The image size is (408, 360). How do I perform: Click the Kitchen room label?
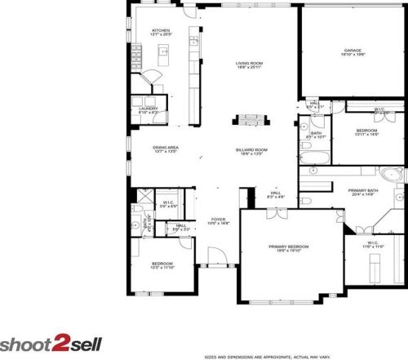pos(160,31)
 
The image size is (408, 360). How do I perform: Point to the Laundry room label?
pos(148,108)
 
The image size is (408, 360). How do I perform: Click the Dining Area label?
pos(166,147)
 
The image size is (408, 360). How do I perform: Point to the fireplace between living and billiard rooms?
pos(247,121)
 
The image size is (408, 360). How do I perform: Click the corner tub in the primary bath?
pos(391,174)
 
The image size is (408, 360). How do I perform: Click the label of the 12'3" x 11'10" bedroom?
pos(162,264)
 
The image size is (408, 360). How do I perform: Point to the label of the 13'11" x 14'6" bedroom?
pos(366,130)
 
